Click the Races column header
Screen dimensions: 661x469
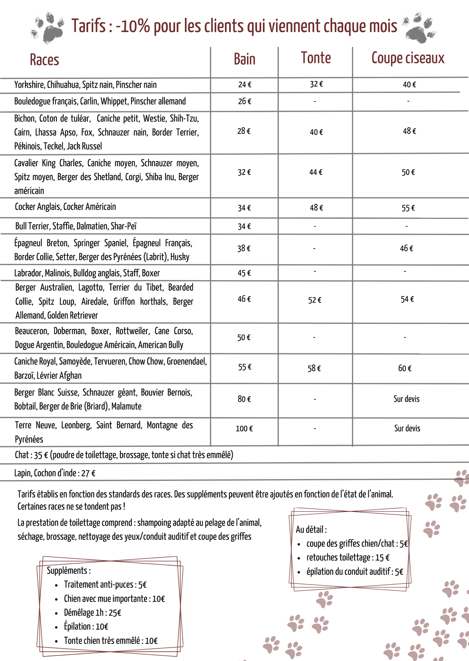pyautogui.click(x=44, y=60)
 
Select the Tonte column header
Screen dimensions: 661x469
pyautogui.click(x=316, y=58)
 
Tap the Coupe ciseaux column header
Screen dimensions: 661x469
pyautogui.click(x=408, y=58)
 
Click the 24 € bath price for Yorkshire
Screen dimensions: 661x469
pyautogui.click(x=245, y=85)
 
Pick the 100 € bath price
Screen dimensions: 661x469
pyautogui.click(x=244, y=429)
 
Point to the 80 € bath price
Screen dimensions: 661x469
pyautogui.click(x=244, y=399)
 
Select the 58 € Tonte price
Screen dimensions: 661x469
pyautogui.click(x=314, y=368)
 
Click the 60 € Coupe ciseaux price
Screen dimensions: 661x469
pyautogui.click(x=405, y=368)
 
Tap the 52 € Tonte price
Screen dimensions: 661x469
pyautogui.click(x=315, y=300)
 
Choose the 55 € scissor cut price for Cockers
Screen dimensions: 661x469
pyautogui.click(x=408, y=208)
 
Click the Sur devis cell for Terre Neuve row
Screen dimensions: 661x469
pyautogui.click(x=407, y=428)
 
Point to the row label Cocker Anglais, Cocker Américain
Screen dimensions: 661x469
pyautogui.click(x=65, y=207)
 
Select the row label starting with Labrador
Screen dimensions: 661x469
pyautogui.click(x=87, y=273)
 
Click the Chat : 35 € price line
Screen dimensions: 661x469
pyautogui.click(x=124, y=455)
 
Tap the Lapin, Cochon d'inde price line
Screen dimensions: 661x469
pyautogui.click(x=55, y=473)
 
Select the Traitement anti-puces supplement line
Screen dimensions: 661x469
pyautogui.click(x=105, y=585)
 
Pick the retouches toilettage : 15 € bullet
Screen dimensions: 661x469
pyautogui.click(x=348, y=557)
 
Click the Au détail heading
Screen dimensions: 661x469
pyautogui.click(x=311, y=529)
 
